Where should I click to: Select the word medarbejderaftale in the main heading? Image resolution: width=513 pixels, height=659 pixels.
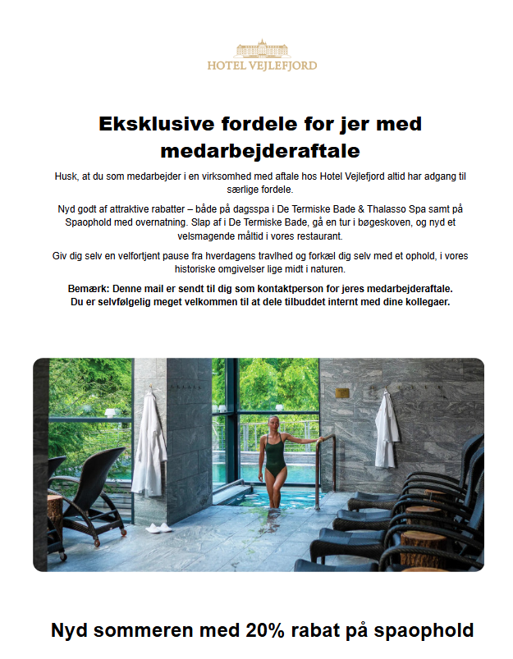tap(259, 151)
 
